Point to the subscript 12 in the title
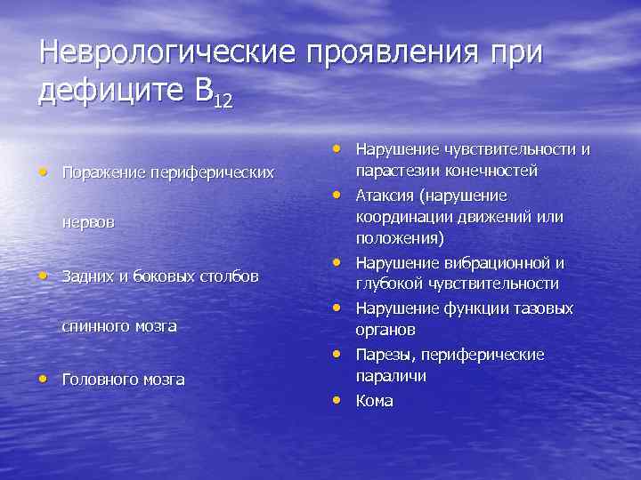pos(223,100)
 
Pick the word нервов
pos(88,222)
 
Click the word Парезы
pos(383,355)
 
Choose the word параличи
pos(391,377)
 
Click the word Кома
pos(374,401)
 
